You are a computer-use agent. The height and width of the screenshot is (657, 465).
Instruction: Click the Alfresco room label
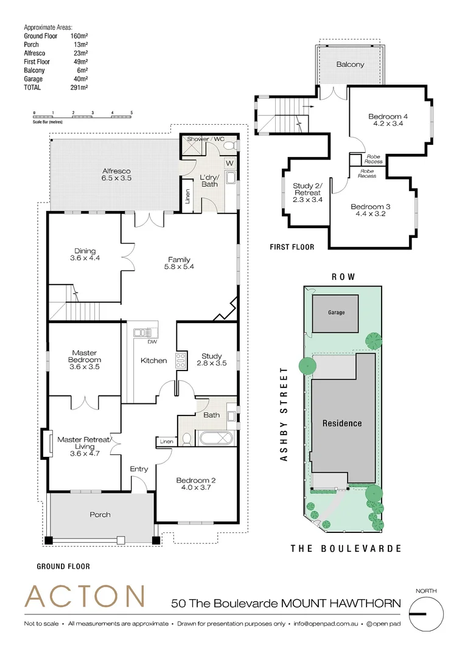click(116, 172)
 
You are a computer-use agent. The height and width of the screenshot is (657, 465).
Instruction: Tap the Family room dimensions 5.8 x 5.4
click(179, 267)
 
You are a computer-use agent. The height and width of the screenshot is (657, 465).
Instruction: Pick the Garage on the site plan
click(336, 313)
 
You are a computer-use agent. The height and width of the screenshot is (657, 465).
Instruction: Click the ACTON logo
click(85, 596)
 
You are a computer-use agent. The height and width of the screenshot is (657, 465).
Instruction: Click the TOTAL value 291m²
click(79, 88)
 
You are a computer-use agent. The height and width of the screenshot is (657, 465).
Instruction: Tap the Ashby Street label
click(283, 414)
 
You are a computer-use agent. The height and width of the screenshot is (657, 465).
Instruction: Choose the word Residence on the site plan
click(341, 423)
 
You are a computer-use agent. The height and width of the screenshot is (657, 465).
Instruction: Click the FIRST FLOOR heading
click(292, 247)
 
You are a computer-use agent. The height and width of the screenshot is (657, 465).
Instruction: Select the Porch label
click(100, 515)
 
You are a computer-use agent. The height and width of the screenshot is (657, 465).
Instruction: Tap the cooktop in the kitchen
click(180, 360)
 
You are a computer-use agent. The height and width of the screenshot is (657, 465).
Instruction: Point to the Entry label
click(139, 469)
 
